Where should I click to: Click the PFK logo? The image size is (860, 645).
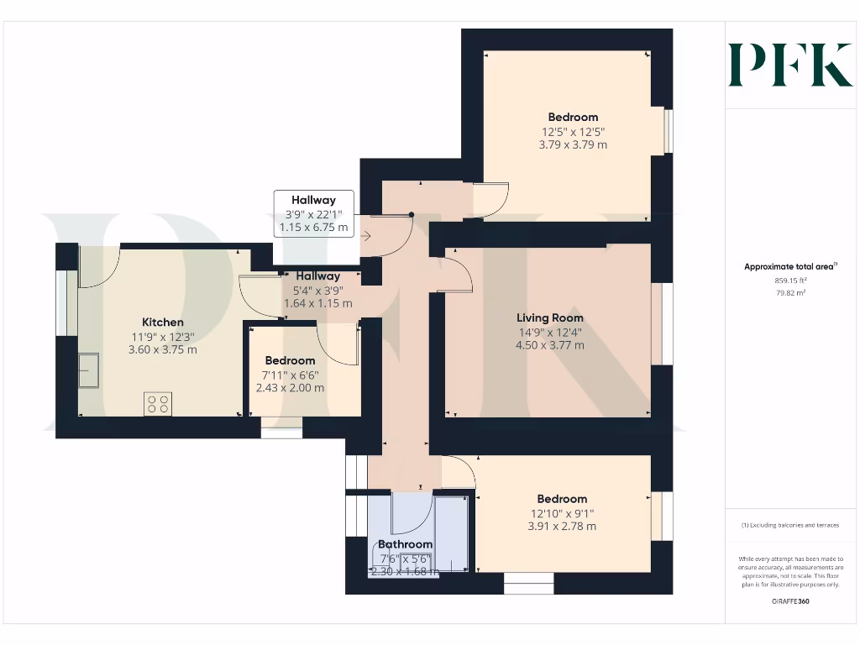tap(790, 65)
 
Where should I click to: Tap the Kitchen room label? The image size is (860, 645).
tap(163, 322)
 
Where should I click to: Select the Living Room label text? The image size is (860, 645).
tap(550, 318)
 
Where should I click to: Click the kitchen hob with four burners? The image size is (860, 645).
tap(157, 404)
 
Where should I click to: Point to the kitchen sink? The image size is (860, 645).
tap(88, 369)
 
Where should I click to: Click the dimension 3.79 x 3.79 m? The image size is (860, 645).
tap(573, 144)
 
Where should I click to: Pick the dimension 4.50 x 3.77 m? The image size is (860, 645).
tap(550, 345)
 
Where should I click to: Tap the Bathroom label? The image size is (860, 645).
tap(405, 544)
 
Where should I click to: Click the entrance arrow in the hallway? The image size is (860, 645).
tap(366, 237)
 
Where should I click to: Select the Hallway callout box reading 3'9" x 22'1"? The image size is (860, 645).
tap(313, 213)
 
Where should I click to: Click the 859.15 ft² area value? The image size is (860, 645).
tap(790, 281)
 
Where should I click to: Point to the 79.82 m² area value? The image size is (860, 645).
tap(790, 293)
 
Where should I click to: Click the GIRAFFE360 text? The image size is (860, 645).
tap(790, 601)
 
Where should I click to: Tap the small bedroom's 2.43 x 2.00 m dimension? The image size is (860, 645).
tap(290, 388)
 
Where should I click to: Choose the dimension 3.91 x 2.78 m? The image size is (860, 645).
tap(562, 527)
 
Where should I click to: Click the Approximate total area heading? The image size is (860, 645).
tap(790, 267)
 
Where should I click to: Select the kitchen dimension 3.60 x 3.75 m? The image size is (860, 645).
tap(163, 349)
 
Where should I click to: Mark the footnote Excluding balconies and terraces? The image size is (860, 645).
tap(790, 525)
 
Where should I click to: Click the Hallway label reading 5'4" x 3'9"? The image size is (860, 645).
tap(317, 290)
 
